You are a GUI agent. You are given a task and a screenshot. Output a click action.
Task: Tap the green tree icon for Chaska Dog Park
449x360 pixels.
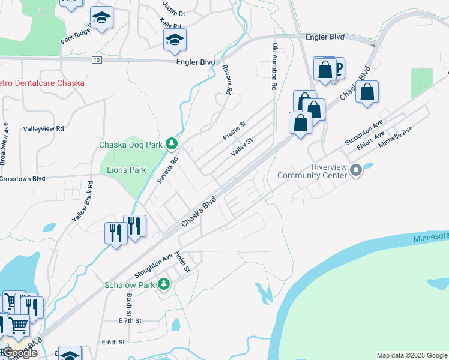pos(172,143)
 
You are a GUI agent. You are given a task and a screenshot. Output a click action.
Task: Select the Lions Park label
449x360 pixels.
pos(126,170)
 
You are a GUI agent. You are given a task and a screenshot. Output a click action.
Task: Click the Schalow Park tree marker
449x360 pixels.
pos(163,284)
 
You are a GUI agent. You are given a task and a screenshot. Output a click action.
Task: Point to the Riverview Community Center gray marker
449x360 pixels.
pos(356,171)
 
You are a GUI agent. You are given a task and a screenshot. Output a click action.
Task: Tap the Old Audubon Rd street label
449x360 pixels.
pos(274,66)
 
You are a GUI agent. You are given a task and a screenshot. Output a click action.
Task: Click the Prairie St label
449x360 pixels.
pos(235,130)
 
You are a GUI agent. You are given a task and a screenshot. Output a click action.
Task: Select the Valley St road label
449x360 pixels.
pos(242,146)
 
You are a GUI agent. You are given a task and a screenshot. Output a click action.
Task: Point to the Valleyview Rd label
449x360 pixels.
pos(43,128)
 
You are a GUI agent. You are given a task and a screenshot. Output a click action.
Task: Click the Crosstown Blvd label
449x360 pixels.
pos(23,178)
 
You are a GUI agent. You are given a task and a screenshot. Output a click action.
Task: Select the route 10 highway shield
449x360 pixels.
pos(96,60)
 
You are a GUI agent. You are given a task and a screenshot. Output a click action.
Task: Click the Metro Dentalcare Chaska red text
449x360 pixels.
pos(42,82)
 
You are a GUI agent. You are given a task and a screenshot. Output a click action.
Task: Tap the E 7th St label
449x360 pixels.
pos(130,320)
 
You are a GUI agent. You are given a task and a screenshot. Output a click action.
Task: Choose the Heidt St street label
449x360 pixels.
pos(182,262)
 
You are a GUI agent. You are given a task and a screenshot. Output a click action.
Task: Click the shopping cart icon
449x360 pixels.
pos(18,325)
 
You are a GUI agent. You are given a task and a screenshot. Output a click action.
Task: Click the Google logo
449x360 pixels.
pos(20,353)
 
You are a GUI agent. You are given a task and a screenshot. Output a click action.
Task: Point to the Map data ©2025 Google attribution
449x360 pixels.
pos(411,355)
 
